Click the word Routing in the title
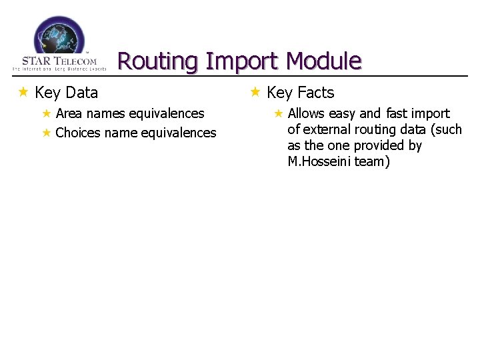pyautogui.click(x=158, y=61)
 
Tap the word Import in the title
pyautogui.click(x=242, y=61)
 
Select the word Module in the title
pyautogui.click(x=323, y=61)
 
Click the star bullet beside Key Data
pyautogui.click(x=23, y=92)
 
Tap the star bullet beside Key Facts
pyautogui.click(x=255, y=92)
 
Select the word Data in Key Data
pyautogui.click(x=82, y=93)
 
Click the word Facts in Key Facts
pyautogui.click(x=315, y=93)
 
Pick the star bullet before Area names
pyautogui.click(x=47, y=113)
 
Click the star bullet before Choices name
pyautogui.click(x=47, y=133)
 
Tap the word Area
pyautogui.click(x=69, y=113)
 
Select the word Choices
pyautogui.click(x=78, y=133)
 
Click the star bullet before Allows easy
pyautogui.click(x=279, y=113)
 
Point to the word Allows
pyautogui.click(x=306, y=113)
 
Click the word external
pyautogui.click(x=325, y=129)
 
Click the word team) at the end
pyautogui.click(x=373, y=161)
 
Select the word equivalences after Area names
pyautogui.click(x=166, y=113)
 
